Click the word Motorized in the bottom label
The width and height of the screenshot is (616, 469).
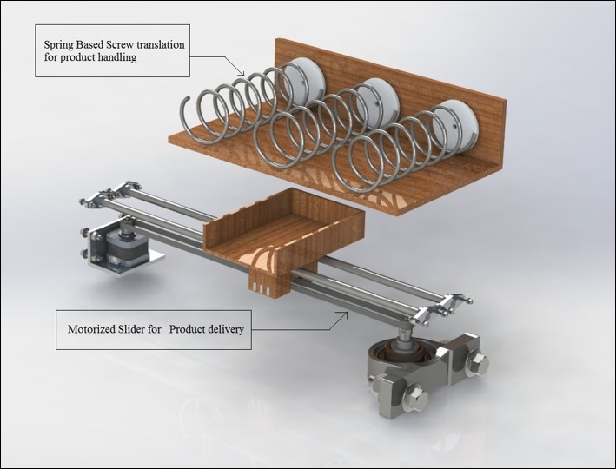click(x=92, y=330)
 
